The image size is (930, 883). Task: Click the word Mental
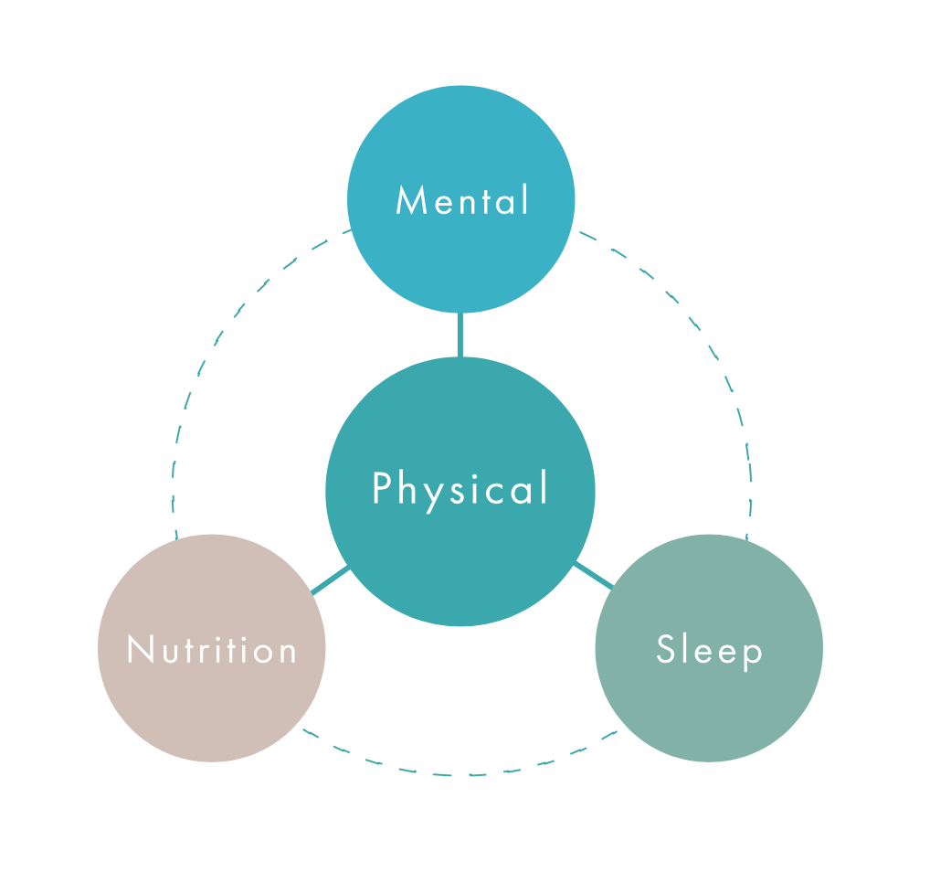pos(461,200)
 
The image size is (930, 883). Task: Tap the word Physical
pos(460,489)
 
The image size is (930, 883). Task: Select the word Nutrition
pos(212,650)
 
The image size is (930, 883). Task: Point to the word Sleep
pos(709,650)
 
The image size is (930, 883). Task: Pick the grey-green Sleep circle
pos(709,704)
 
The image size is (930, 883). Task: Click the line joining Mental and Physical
pos(460,335)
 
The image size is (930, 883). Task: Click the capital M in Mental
pos(410,201)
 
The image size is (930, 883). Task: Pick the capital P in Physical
pos(382,489)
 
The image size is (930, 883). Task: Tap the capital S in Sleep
pos(665,649)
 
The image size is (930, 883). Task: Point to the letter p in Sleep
pos(752,654)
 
